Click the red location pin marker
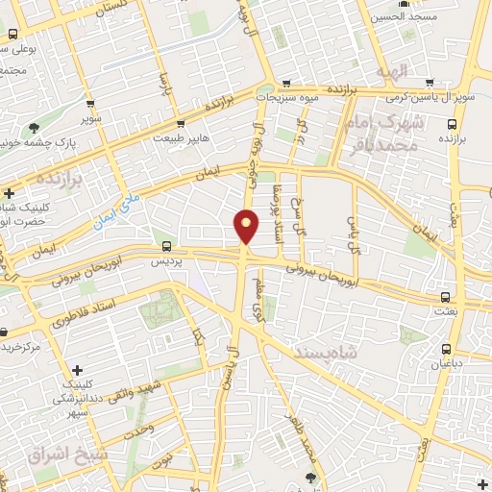(247, 226)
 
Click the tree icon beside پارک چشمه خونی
(35, 126)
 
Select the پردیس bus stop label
(168, 259)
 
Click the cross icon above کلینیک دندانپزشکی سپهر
(78, 370)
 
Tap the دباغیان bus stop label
(446, 365)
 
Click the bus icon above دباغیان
(446, 350)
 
